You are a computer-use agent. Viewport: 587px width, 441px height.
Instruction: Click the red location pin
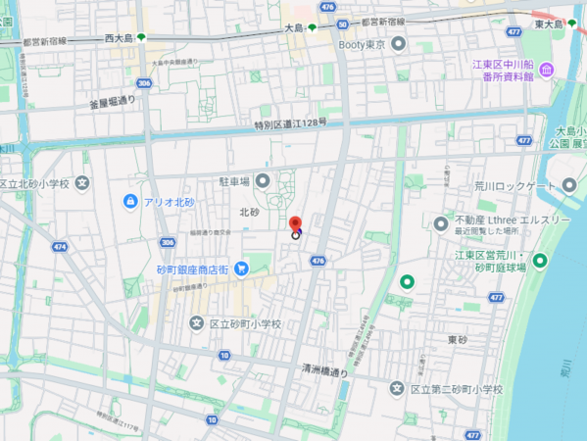pyautogui.click(x=296, y=224)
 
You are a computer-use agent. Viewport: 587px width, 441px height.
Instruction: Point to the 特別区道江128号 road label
pyautogui.click(x=290, y=124)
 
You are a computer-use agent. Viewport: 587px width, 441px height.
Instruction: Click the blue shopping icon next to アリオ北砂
pyautogui.click(x=130, y=201)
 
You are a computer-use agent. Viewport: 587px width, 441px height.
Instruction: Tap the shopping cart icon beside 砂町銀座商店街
pyautogui.click(x=240, y=269)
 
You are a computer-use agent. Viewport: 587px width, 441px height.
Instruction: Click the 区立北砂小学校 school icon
pyautogui.click(x=82, y=182)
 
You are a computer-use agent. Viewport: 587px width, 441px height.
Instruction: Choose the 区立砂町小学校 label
pyautogui.click(x=245, y=323)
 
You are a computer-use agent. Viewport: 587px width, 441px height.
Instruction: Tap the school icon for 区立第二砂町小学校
pyautogui.click(x=396, y=389)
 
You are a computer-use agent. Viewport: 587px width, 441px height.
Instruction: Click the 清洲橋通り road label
pyautogui.click(x=325, y=371)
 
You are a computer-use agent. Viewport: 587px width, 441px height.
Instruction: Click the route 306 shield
pyautogui.click(x=145, y=83)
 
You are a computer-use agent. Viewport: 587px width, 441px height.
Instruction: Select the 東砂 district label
pyautogui.click(x=458, y=339)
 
